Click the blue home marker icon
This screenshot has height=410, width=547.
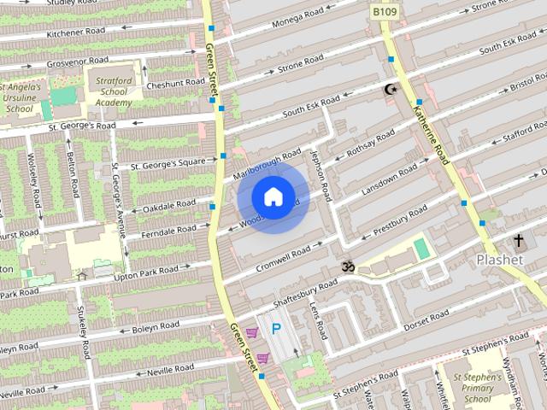(273, 196)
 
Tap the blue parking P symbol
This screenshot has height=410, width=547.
(275, 328)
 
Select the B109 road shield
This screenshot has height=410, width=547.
(383, 12)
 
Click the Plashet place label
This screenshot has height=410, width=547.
(499, 260)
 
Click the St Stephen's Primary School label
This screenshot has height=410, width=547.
(473, 388)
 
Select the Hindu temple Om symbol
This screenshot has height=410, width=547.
(348, 266)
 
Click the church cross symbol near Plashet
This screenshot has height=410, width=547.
(518, 241)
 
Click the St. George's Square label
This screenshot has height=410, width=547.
(168, 162)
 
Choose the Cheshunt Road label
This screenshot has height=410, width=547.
(176, 85)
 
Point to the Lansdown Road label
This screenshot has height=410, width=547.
(391, 180)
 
